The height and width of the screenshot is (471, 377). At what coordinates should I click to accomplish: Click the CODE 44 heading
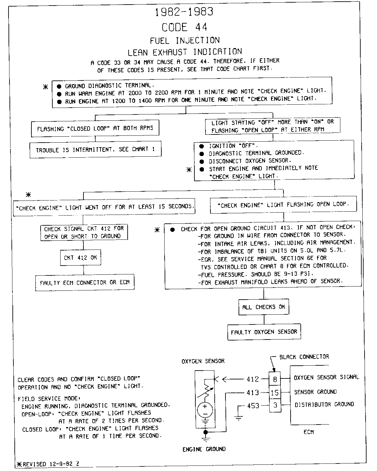point(185,27)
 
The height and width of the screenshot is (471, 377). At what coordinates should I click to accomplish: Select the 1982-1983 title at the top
point(184,12)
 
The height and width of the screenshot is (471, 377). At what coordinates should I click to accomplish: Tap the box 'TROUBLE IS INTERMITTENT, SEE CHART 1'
point(95,150)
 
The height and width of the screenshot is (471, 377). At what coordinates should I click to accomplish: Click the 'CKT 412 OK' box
point(81,258)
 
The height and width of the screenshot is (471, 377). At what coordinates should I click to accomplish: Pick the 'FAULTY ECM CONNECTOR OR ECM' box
point(85,283)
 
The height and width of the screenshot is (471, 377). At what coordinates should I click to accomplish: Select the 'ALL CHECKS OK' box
point(264,307)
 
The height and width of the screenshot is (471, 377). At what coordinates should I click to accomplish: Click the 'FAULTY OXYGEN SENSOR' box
point(264,332)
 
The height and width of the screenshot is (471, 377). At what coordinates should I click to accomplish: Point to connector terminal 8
point(275,379)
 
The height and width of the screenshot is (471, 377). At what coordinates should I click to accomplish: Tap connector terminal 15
point(275,392)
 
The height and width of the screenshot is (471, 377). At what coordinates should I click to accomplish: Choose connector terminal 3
point(275,405)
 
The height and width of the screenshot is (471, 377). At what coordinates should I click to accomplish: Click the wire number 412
point(253,379)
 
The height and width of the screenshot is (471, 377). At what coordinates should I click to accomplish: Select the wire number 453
point(253,406)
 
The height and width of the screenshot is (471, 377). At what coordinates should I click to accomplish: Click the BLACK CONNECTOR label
point(304,357)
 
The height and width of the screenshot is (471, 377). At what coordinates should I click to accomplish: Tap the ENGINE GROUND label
point(204,449)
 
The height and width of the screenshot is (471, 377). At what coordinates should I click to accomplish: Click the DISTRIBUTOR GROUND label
point(324,405)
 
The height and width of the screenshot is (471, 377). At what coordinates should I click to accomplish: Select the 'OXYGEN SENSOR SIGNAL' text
point(326,377)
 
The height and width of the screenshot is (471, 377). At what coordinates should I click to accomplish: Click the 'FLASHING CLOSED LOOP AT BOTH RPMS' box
point(95,129)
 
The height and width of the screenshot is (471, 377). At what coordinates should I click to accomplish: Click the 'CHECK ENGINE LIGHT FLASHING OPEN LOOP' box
point(283,205)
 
